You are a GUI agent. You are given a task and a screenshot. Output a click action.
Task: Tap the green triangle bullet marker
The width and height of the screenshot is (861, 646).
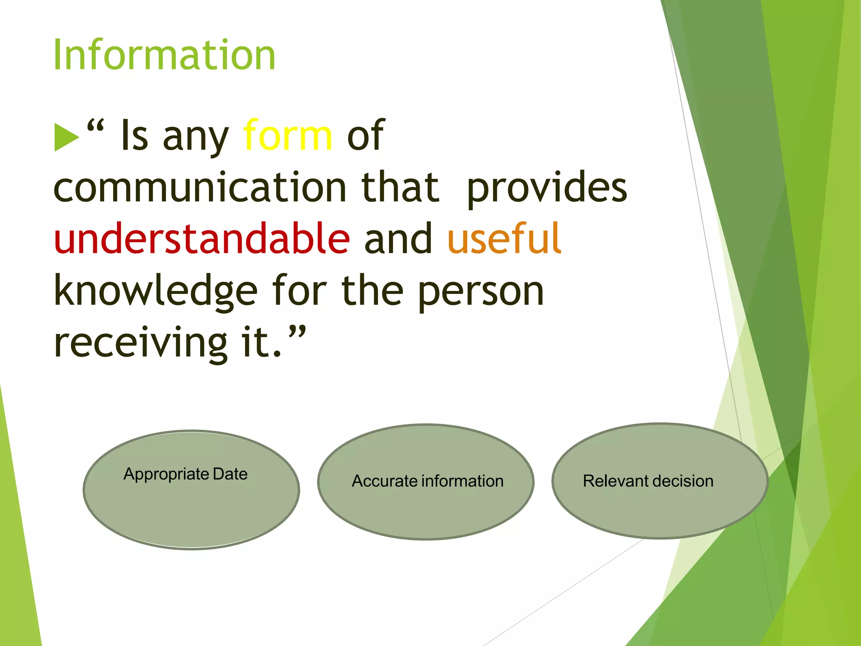coord(66,137)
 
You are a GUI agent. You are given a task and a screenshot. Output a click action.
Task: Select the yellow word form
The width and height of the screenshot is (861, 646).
coord(288,135)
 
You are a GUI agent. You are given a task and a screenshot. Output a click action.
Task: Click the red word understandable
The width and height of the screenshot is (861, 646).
coord(202,238)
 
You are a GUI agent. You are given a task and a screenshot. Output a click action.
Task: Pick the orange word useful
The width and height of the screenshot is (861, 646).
coord(504,238)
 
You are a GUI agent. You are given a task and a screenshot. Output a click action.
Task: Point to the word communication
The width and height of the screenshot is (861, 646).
coord(200,187)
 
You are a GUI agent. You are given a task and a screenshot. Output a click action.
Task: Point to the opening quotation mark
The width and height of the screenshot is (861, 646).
coord(95,126)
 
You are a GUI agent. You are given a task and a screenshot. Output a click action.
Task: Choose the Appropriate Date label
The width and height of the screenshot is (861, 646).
coord(185,474)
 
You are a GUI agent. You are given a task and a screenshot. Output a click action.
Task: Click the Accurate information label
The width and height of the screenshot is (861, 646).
coord(428,481)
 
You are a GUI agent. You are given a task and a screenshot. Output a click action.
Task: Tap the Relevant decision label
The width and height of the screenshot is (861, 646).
coord(648,481)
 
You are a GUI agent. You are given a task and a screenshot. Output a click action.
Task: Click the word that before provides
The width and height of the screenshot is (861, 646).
coord(400,187)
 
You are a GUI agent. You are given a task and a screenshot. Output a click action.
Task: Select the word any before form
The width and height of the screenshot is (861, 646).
coord(195,137)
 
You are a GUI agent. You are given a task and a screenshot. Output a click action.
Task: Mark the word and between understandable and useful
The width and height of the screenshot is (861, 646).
coord(398,238)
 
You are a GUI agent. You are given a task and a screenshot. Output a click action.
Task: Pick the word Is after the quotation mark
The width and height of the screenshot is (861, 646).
coord(135,135)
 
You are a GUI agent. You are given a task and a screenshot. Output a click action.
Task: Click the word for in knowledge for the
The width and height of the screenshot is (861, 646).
coord(299,290)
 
